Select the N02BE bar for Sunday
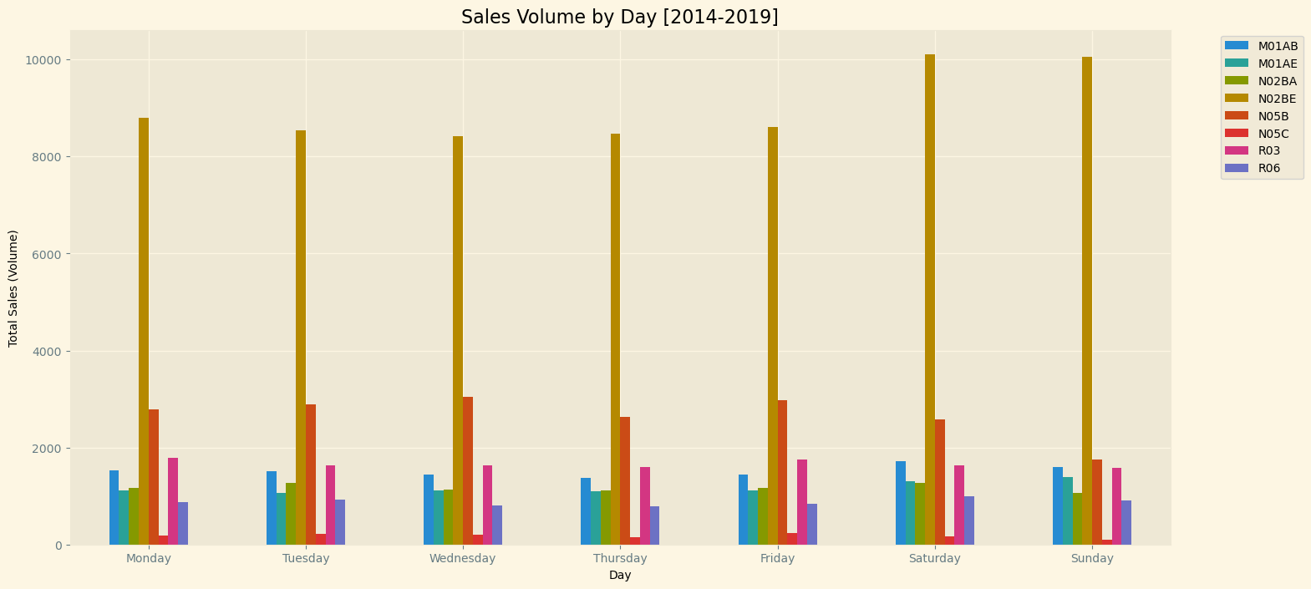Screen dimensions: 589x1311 tap(1087, 301)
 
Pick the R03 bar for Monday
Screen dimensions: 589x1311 tap(173, 501)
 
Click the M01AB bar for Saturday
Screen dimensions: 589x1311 tap(901, 503)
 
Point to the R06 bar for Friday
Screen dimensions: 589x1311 tap(812, 524)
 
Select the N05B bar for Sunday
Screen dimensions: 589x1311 tap(1097, 502)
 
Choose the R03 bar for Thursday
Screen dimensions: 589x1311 tap(645, 505)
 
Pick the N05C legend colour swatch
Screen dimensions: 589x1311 tap(1236, 134)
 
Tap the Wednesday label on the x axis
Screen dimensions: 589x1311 tap(463, 558)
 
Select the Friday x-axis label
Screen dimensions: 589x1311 tap(777, 558)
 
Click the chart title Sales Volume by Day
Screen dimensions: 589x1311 tap(619, 17)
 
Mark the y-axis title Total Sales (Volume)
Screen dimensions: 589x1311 tap(13, 288)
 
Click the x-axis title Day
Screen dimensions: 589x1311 tap(620, 575)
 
